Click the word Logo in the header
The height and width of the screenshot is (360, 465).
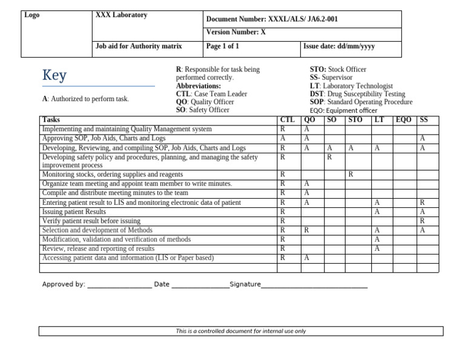click(x=32, y=15)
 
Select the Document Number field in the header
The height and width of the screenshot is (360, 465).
click(x=272, y=19)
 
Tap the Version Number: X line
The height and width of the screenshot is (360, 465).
click(x=236, y=33)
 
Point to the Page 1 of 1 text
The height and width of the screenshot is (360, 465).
click(x=223, y=46)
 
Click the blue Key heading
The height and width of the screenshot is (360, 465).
click(x=54, y=76)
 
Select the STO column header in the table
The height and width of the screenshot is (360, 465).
click(x=355, y=120)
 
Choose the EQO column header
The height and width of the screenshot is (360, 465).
click(x=403, y=120)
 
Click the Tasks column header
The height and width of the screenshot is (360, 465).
click(x=51, y=120)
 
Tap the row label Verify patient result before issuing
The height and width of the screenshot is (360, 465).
click(x=91, y=221)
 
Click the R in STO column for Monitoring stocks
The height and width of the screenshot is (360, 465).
click(x=351, y=175)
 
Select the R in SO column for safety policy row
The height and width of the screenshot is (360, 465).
click(x=329, y=158)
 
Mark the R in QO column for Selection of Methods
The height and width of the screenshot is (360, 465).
click(x=306, y=230)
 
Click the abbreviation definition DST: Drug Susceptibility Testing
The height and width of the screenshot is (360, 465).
click(x=357, y=95)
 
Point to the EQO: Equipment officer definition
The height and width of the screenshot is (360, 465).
click(x=343, y=111)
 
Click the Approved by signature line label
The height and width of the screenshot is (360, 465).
click(x=64, y=284)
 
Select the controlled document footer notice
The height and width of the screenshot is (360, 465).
click(x=241, y=332)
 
